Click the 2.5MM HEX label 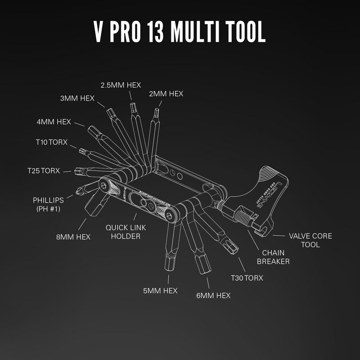pos(121,85)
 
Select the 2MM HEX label pos(166,94)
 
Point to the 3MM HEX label pos(77,98)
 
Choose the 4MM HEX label pos(54,121)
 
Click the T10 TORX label pos(51,142)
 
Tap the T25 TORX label pos(43,171)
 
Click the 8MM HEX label pos(73,237)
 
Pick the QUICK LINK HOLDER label pos(126,232)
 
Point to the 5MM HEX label pos(160,291)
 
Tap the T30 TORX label pos(247,278)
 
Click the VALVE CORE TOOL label pos(310,240)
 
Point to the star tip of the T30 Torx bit pos(233,247)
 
